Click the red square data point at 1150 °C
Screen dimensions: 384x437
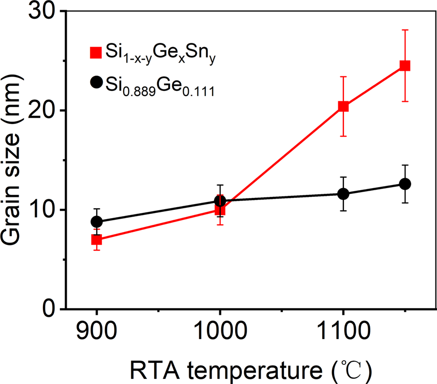pyautogui.click(x=404, y=66)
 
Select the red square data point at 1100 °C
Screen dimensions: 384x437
pyautogui.click(x=343, y=106)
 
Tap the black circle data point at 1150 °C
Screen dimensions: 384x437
pyautogui.click(x=404, y=184)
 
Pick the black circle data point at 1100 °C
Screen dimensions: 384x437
pyautogui.click(x=343, y=194)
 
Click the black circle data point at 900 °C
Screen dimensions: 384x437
pyautogui.click(x=96, y=222)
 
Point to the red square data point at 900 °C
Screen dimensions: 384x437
pyautogui.click(x=96, y=240)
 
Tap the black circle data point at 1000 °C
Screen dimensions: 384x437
pyautogui.click(x=220, y=201)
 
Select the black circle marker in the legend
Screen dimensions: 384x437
pyautogui.click(x=95, y=82)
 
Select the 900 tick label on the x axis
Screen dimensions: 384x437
pyautogui.click(x=96, y=330)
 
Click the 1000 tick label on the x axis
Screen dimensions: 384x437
pyautogui.click(x=220, y=330)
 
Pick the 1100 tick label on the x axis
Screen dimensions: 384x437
pyautogui.click(x=343, y=330)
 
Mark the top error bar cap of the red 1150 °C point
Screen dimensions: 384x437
pyautogui.click(x=404, y=30)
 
